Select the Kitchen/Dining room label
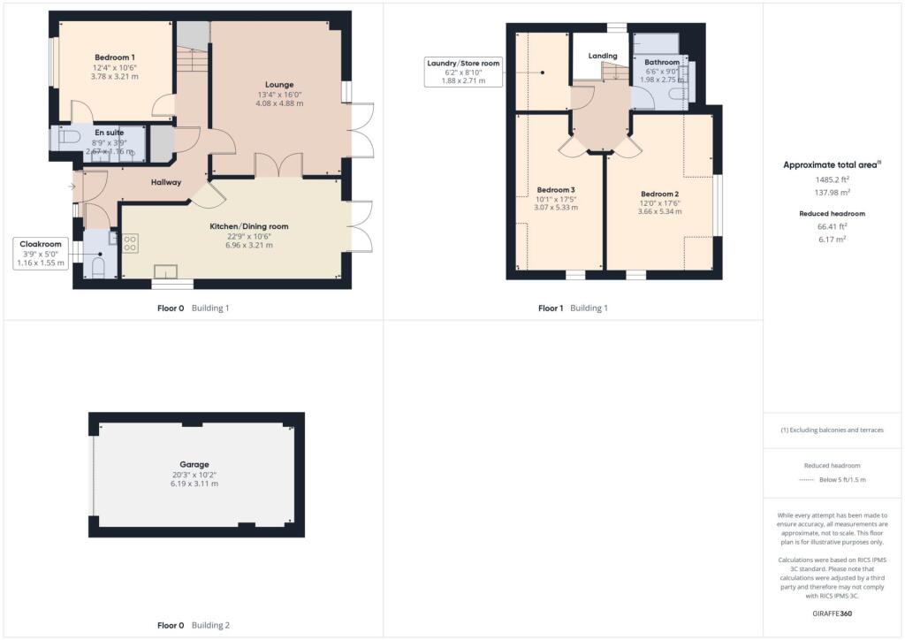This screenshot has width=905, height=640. click(x=248, y=227)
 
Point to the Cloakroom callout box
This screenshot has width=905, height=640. click(x=41, y=253)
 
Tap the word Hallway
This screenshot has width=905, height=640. click(x=165, y=183)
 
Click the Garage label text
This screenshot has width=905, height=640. click(x=196, y=464)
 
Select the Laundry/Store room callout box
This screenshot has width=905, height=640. click(x=463, y=72)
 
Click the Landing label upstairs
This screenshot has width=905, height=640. click(x=603, y=57)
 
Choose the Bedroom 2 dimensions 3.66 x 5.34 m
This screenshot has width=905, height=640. click(x=659, y=212)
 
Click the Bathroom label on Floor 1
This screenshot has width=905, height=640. click(x=662, y=63)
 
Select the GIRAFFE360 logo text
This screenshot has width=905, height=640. click(x=833, y=613)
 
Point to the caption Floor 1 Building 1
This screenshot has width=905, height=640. click(x=573, y=309)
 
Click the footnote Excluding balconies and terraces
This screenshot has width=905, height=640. click(x=833, y=430)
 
